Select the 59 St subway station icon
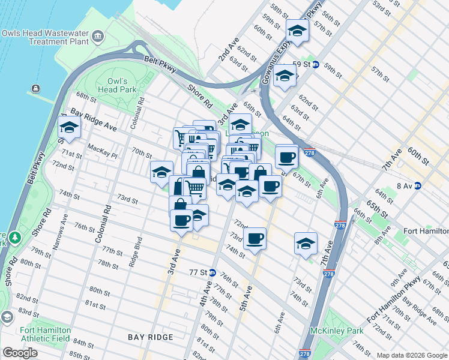click(x=315, y=64)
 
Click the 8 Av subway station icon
click(x=417, y=185)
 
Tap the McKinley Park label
click(x=328, y=331)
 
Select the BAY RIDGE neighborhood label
click(x=151, y=338)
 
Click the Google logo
click(x=20, y=353)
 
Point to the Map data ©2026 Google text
click(x=411, y=355)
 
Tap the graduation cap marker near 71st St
click(x=69, y=127)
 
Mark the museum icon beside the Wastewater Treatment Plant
click(x=97, y=40)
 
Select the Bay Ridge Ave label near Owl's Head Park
click(x=93, y=120)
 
